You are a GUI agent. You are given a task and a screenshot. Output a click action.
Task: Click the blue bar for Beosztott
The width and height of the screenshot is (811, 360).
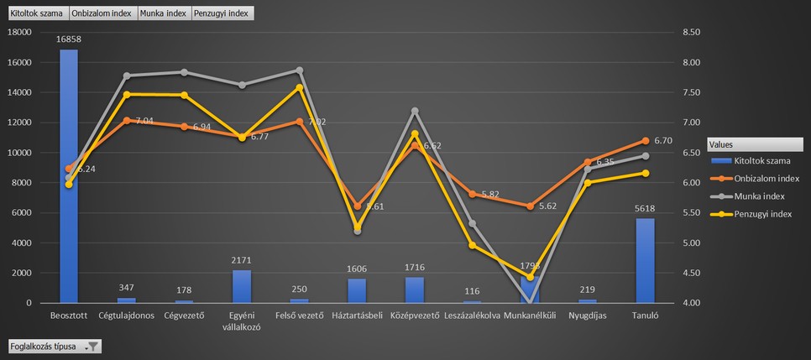pyautogui.click(x=68, y=176)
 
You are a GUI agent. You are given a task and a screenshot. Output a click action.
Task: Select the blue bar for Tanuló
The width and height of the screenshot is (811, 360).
pyautogui.click(x=645, y=260)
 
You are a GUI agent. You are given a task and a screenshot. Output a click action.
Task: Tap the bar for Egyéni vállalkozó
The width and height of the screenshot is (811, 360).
pyautogui.click(x=241, y=286)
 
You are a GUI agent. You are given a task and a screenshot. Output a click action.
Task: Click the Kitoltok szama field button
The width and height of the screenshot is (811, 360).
pyautogui.click(x=37, y=14)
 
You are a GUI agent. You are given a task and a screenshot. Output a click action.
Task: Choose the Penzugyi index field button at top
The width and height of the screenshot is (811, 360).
pyautogui.click(x=222, y=14)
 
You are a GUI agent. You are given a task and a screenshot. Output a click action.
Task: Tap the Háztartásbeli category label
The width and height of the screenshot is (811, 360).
pyautogui.click(x=357, y=316)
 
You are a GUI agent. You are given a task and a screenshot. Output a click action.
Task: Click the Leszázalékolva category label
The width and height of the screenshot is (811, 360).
pyautogui.click(x=472, y=316)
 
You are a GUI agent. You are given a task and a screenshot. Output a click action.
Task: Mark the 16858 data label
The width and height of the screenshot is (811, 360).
pyautogui.click(x=69, y=39)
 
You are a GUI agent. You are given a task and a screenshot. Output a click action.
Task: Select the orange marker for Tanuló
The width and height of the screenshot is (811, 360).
pyautogui.click(x=645, y=141)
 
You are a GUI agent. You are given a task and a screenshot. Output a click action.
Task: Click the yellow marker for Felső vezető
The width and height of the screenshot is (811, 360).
pyautogui.click(x=299, y=87)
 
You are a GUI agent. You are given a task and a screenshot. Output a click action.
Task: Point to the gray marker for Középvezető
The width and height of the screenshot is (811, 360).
pyautogui.click(x=414, y=111)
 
